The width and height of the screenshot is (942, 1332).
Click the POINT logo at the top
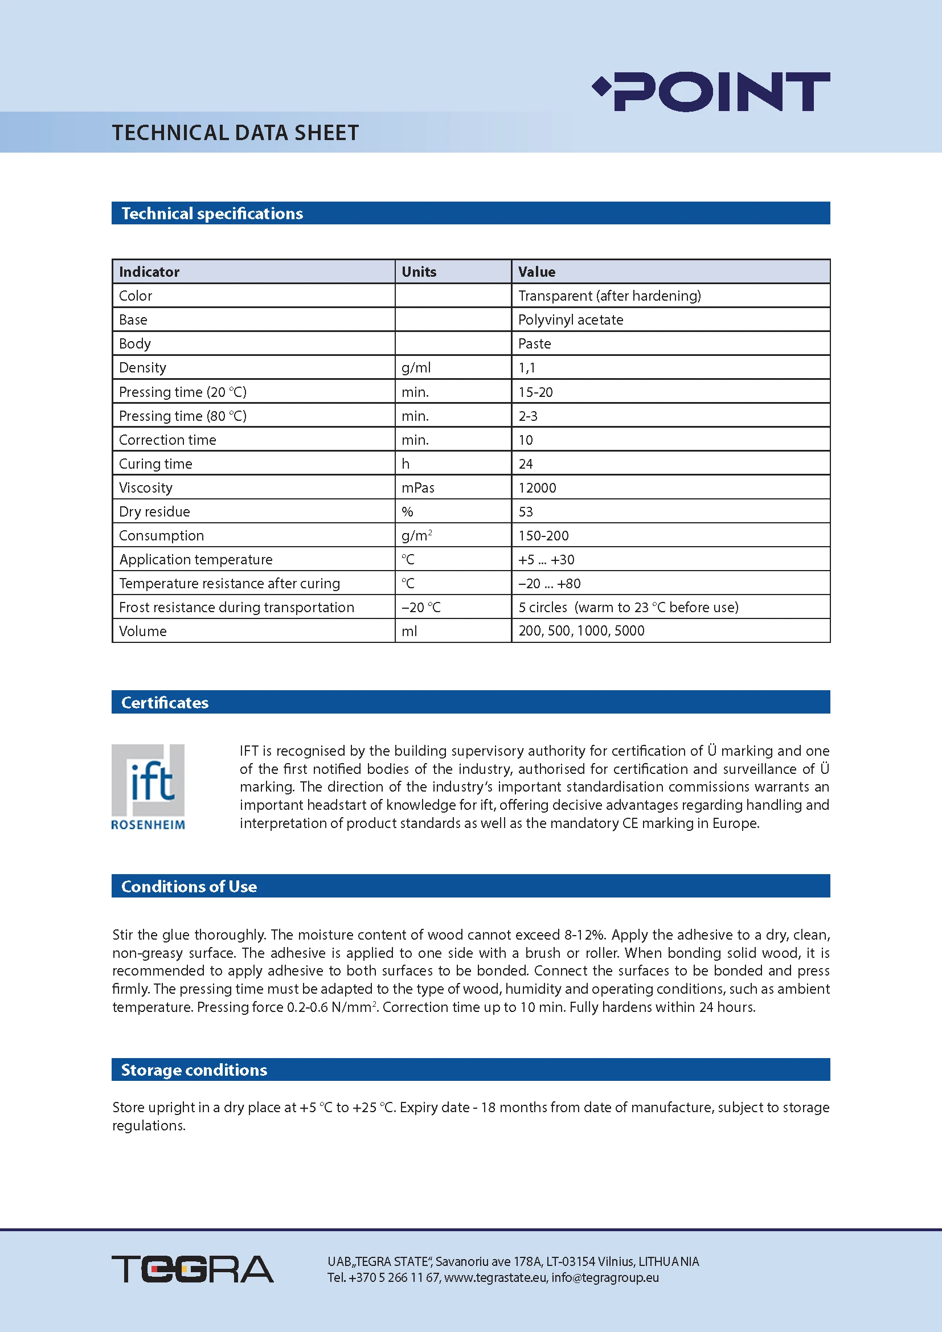tap(712, 92)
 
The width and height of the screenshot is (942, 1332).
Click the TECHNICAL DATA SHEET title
tap(236, 133)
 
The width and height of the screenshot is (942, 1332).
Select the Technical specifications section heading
tap(212, 214)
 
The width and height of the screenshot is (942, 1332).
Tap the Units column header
tap(419, 272)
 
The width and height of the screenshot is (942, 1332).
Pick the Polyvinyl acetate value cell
tap(570, 319)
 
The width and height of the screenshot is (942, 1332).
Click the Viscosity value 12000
tap(537, 488)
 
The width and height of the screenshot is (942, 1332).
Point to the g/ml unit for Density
tap(416, 368)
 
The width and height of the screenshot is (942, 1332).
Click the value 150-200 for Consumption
tap(543, 535)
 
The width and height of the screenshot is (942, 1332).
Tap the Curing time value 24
tap(526, 464)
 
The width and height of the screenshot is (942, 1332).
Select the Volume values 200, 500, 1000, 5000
tap(581, 630)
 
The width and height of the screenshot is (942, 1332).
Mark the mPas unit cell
tap(417, 488)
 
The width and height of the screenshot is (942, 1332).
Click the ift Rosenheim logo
tap(148, 786)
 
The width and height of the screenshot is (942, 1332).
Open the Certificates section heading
tap(165, 703)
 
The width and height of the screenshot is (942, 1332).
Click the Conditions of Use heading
tap(189, 887)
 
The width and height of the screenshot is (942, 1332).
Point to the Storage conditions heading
tap(194, 1070)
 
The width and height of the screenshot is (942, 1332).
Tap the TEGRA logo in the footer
tap(192, 1269)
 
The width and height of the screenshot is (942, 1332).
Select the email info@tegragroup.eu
tap(605, 1277)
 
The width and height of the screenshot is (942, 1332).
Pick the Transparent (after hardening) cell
tap(609, 296)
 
